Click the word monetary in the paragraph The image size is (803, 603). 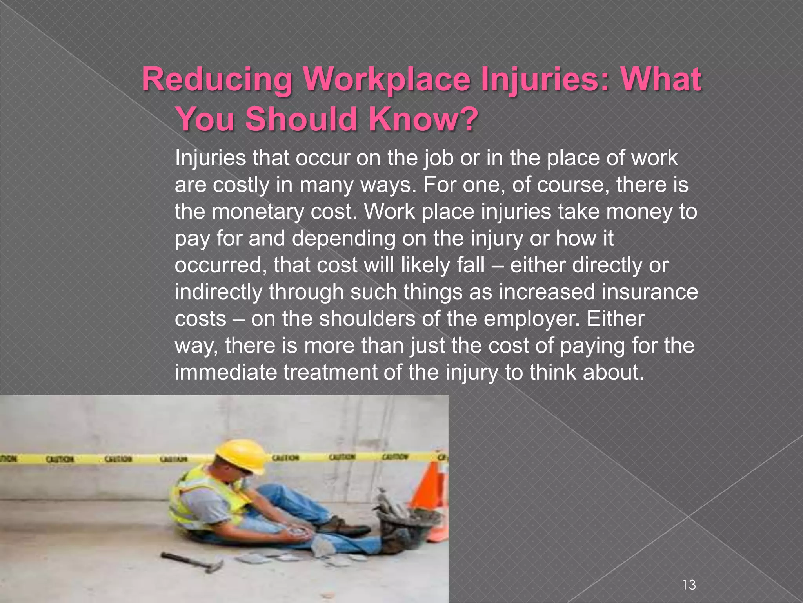click(263, 212)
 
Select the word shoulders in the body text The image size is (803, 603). click(367, 318)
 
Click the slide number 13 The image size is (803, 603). click(689, 585)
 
